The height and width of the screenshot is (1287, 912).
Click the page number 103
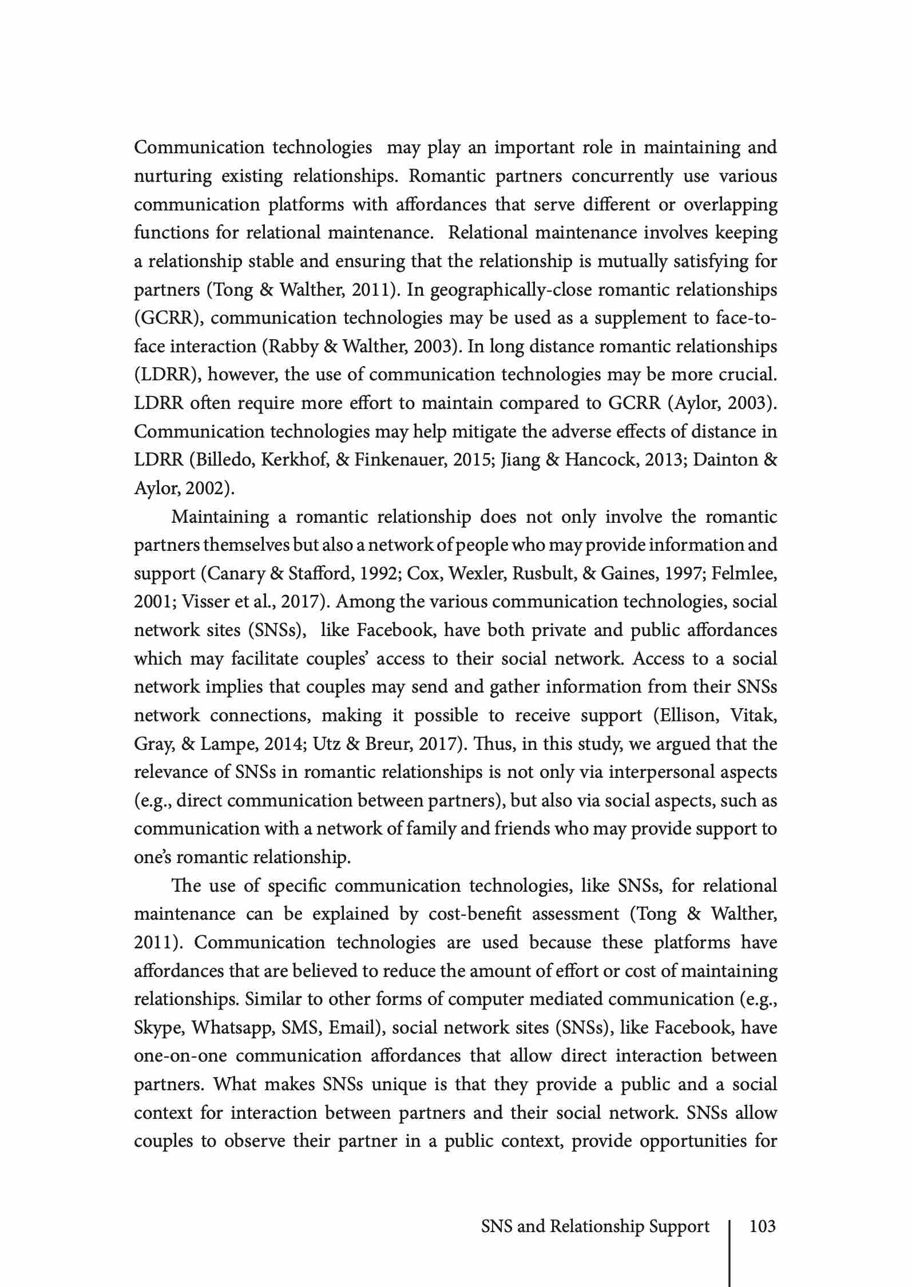pos(762,1226)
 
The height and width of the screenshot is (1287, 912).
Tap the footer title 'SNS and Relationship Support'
pos(595,1226)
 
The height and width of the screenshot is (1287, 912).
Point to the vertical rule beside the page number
pos(730,1253)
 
